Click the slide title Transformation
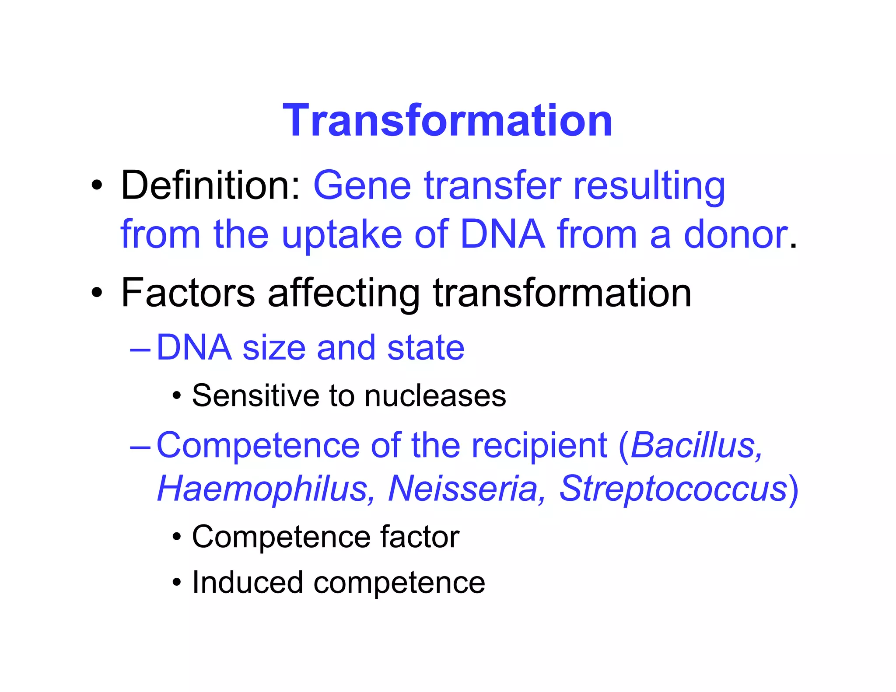[447, 120]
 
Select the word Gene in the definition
[362, 185]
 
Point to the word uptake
[341, 235]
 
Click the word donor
[736, 234]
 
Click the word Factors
[188, 293]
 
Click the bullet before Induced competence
[176, 583]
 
